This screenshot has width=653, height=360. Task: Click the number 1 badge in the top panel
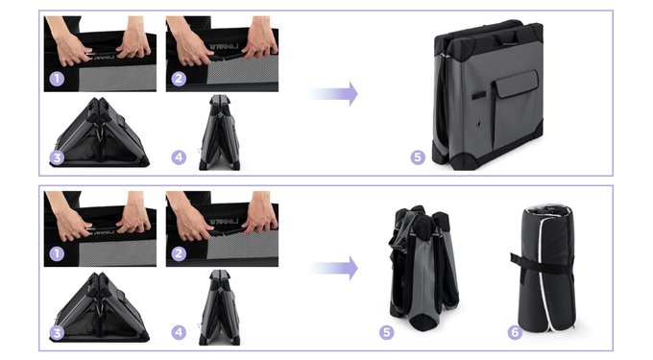point(57,79)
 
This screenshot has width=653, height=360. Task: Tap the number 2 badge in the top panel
point(179,79)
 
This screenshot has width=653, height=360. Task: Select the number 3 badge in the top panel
point(57,157)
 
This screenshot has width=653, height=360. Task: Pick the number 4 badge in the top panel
point(179,157)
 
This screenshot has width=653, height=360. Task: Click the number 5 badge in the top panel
point(418,157)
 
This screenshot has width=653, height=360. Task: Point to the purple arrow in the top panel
point(334,94)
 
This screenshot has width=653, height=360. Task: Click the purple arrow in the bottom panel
point(334,269)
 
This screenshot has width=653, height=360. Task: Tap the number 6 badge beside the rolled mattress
point(515,332)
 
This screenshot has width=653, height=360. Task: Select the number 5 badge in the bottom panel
point(386,332)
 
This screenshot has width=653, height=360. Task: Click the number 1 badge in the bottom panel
point(57,253)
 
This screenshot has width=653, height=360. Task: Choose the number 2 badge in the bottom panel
point(179,253)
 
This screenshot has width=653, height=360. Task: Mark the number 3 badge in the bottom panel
point(57,332)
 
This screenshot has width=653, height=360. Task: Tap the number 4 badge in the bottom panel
point(179,332)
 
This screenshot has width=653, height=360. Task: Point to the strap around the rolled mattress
point(543,264)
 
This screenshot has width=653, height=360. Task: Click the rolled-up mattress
point(545,268)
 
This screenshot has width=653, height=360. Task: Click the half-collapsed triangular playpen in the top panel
point(99,132)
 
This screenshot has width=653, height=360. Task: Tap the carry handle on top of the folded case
point(506,36)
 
